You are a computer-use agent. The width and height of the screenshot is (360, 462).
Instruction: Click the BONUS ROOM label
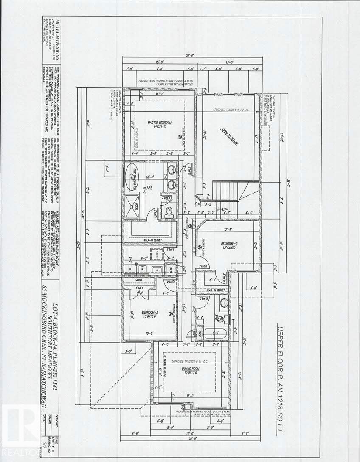click(191, 369)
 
